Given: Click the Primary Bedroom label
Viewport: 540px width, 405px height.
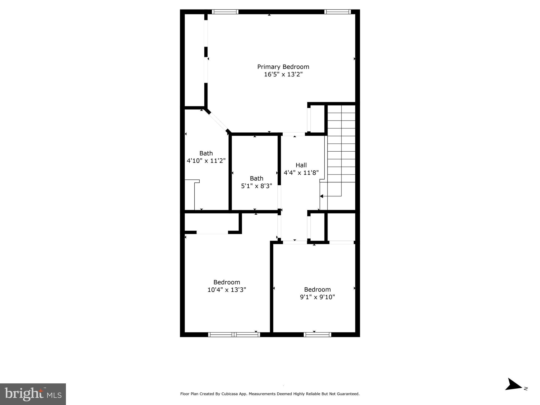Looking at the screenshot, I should [283, 67].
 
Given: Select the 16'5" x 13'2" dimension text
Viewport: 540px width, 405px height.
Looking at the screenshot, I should [283, 75].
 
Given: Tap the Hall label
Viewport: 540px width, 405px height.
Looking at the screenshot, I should [301, 165].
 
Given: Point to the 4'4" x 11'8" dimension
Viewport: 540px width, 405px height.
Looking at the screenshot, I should [301, 173].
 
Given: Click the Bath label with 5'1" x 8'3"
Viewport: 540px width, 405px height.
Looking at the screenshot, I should [256, 179].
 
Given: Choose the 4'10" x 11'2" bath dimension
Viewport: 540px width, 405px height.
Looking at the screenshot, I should [206, 161].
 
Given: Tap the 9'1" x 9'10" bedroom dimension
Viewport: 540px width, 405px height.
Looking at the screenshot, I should [317, 297].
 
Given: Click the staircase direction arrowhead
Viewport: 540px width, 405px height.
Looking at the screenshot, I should [321, 196].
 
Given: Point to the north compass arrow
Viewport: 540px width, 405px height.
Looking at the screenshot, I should [514, 392].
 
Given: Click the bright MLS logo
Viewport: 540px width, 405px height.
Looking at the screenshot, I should [33, 394].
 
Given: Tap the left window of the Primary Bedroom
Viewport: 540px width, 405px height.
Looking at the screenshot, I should [225, 12].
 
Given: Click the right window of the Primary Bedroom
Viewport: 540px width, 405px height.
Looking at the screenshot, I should [337, 12].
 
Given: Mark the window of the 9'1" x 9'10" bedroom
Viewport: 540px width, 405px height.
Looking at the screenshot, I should [317, 335].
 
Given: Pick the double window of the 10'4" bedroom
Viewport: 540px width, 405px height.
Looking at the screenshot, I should [234, 335].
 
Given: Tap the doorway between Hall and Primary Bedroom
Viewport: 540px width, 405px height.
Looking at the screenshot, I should [293, 134].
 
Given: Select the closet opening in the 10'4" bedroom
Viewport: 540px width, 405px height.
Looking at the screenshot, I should [212, 232].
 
